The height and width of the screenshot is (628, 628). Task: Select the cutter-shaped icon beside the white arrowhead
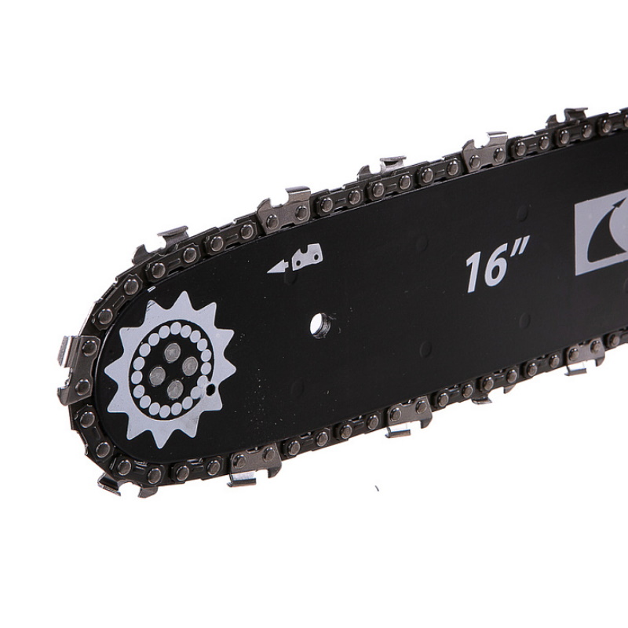point(308,257)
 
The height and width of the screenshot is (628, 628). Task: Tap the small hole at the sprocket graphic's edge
point(210,388)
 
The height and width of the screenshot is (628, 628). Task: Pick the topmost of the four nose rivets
point(173,352)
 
